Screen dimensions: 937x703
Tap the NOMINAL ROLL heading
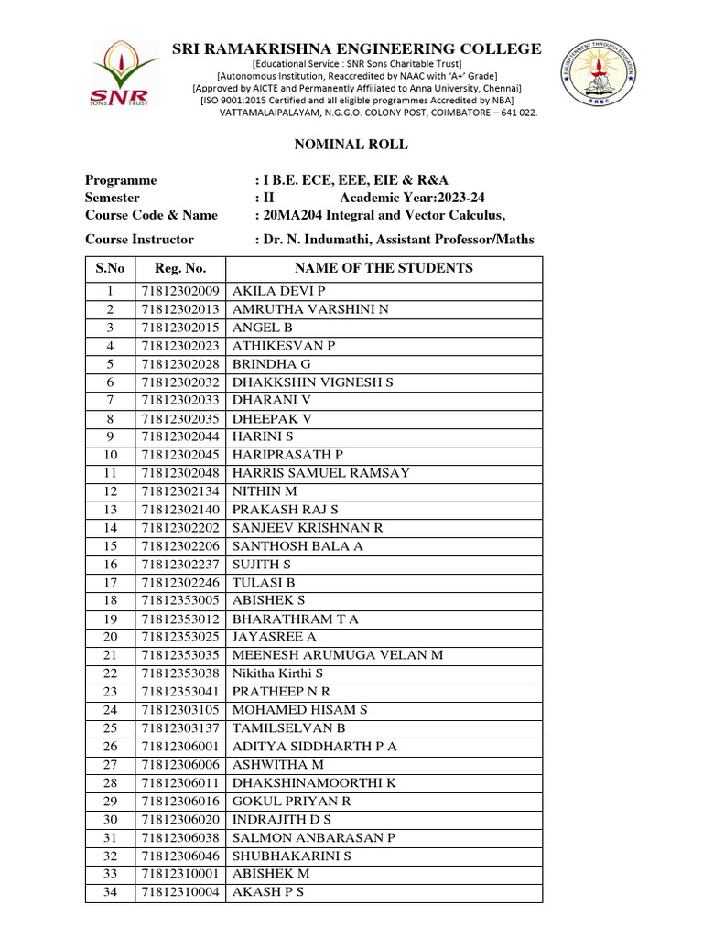(x=351, y=145)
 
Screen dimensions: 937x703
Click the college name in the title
(x=357, y=49)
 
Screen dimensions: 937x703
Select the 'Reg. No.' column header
(x=180, y=268)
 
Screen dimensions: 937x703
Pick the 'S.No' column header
(x=110, y=268)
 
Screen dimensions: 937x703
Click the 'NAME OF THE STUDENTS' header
(x=384, y=268)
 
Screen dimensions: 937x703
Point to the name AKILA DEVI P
(x=273, y=291)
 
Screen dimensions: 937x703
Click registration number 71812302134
(x=180, y=491)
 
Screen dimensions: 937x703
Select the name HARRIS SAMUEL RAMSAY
(x=321, y=473)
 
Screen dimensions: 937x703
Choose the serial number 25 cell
(x=110, y=728)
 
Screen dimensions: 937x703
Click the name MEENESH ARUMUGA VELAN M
(x=338, y=655)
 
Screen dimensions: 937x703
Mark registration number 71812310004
(x=180, y=892)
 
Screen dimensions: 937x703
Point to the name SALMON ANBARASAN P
(x=314, y=837)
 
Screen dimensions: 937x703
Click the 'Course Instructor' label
(x=139, y=240)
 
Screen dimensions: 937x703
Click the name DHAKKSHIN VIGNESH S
(x=312, y=382)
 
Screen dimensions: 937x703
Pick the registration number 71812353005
(x=180, y=601)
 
